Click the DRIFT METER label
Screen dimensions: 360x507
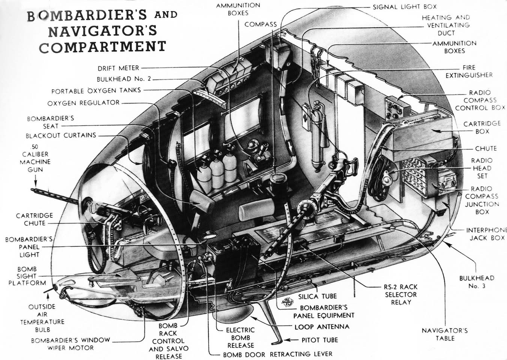[x=118, y=68]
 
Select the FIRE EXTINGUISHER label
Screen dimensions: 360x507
[x=469, y=71]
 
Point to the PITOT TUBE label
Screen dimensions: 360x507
[x=320, y=340]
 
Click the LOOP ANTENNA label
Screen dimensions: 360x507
[x=322, y=327]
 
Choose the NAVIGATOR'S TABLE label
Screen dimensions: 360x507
[x=445, y=334]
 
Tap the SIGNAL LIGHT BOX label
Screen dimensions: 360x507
[x=404, y=7]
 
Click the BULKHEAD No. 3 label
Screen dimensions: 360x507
[x=477, y=282]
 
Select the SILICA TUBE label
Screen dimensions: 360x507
[x=317, y=296]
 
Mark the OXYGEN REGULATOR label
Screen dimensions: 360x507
[x=83, y=103]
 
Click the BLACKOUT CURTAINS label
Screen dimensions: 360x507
[x=61, y=135]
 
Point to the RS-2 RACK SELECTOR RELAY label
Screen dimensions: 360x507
[x=400, y=294]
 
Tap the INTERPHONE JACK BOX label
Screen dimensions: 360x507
[x=486, y=234]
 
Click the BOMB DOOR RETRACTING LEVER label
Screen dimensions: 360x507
[x=278, y=354]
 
